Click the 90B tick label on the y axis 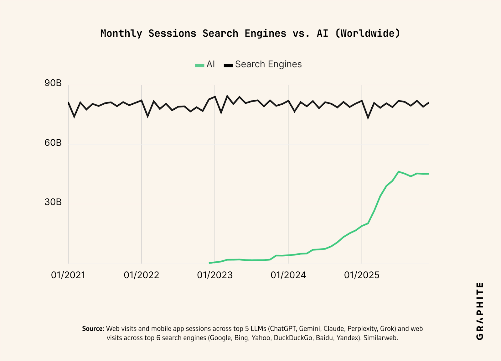(53, 83)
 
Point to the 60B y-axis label (53, 143)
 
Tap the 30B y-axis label (53, 202)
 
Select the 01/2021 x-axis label (68, 275)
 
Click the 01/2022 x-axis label (142, 275)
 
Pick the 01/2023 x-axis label (215, 275)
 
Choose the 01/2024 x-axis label (288, 275)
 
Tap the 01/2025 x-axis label (362, 275)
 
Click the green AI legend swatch (199, 65)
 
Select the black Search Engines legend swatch (228, 65)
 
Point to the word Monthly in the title (121, 34)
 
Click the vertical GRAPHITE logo (480, 311)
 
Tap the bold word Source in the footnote (93, 329)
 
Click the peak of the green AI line (398, 172)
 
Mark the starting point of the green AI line (209, 263)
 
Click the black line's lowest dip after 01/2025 (368, 118)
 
